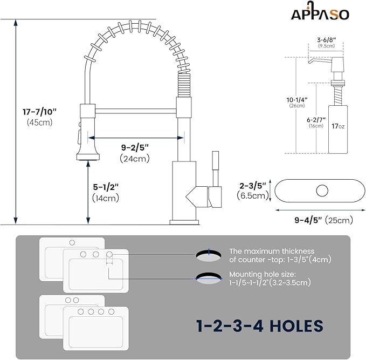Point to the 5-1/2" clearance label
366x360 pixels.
point(105,187)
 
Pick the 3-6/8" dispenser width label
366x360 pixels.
point(327,39)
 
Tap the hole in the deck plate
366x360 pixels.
point(322,191)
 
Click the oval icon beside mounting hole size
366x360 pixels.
point(208,278)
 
